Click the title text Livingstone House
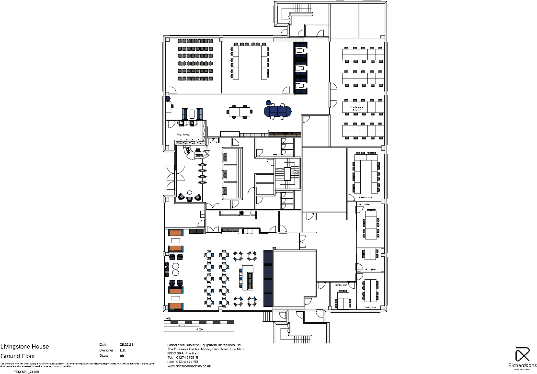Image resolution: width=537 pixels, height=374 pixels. tap(24, 347)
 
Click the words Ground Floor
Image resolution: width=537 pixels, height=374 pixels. tap(17, 356)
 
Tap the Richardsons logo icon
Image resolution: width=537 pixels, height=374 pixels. tap(522, 355)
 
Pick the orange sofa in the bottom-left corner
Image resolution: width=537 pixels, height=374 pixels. tap(176, 306)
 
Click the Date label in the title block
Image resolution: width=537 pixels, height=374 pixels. tap(103, 345)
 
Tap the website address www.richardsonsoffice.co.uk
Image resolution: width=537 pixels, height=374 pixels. tap(189, 366)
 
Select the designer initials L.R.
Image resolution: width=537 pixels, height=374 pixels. tap(123, 350)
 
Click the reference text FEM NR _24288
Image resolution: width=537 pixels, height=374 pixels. tap(27, 371)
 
